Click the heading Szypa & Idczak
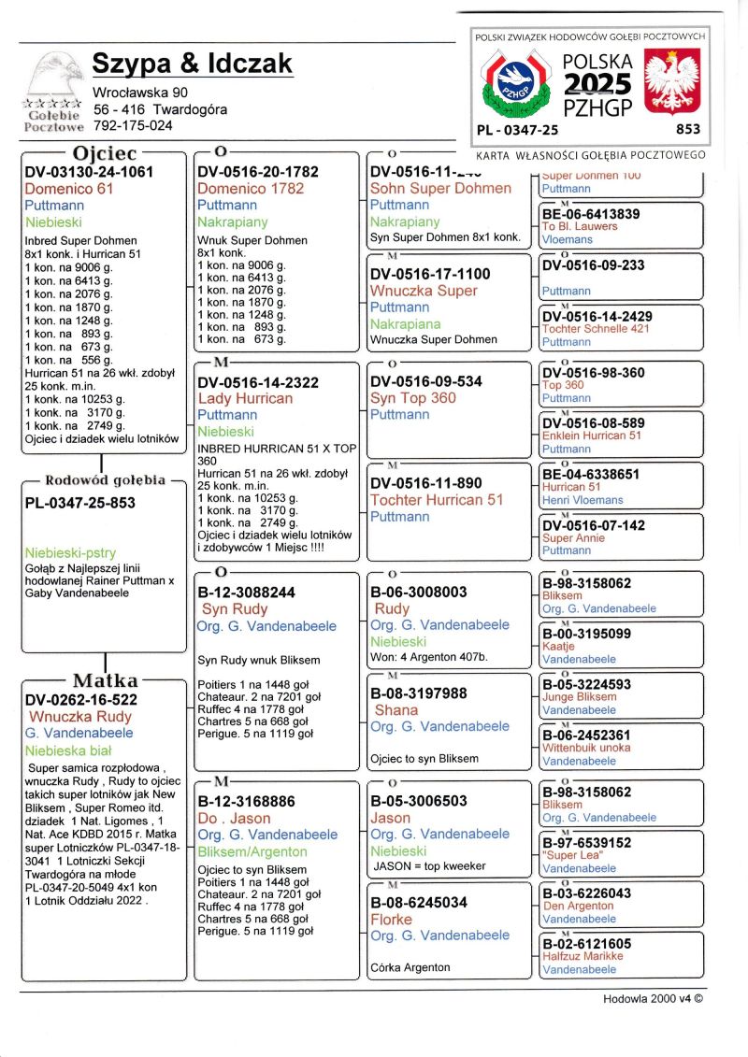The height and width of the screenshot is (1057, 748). tap(192, 64)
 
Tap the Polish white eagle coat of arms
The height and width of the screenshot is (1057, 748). tap(673, 83)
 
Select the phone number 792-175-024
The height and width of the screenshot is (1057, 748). tap(133, 125)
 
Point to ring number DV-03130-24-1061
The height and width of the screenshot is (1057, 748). tap(90, 172)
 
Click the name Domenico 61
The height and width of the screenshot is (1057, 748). tap(69, 189)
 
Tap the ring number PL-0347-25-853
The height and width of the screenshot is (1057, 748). tap(80, 503)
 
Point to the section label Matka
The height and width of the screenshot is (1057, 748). tap(106, 680)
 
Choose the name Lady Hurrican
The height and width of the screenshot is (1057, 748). tap(245, 399)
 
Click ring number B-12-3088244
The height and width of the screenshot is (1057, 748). tap(247, 593)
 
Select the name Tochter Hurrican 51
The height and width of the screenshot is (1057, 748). tap(437, 500)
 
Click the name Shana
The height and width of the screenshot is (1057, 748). tap(396, 710)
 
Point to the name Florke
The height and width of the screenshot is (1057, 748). tap(391, 920)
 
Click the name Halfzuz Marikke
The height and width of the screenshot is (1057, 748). tap(583, 956)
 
